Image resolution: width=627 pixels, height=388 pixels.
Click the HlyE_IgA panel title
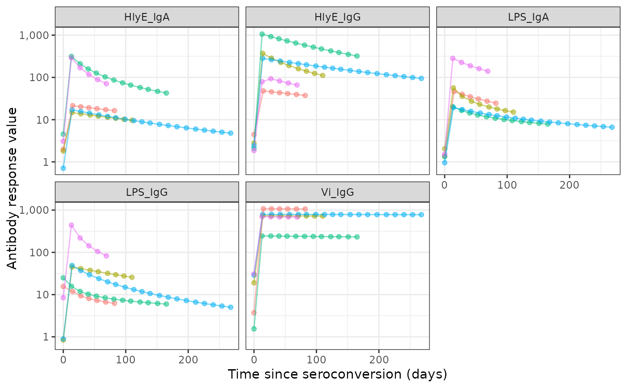click(147, 17)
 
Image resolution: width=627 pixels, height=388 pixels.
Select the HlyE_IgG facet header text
click(337, 17)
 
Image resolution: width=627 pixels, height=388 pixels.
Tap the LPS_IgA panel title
click(528, 17)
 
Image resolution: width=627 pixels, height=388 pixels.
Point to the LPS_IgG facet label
click(147, 192)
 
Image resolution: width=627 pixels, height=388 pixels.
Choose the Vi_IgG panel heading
click(337, 192)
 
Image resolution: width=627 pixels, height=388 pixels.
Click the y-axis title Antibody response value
click(12, 188)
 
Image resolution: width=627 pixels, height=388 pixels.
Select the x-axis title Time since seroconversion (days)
click(337, 374)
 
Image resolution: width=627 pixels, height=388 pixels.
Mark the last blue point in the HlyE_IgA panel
click(231, 133)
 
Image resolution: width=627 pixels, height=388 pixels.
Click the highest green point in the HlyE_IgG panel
click(262, 34)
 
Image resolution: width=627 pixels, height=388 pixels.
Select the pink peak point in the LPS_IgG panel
click(71, 225)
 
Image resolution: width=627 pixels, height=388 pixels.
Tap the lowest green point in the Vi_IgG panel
click(254, 329)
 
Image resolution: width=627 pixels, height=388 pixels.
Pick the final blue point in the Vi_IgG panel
click(421, 215)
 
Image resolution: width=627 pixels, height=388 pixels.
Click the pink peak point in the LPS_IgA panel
click(453, 58)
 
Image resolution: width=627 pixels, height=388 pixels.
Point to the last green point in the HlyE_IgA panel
click(166, 93)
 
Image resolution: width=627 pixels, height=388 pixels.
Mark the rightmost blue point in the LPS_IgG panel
click(231, 307)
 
